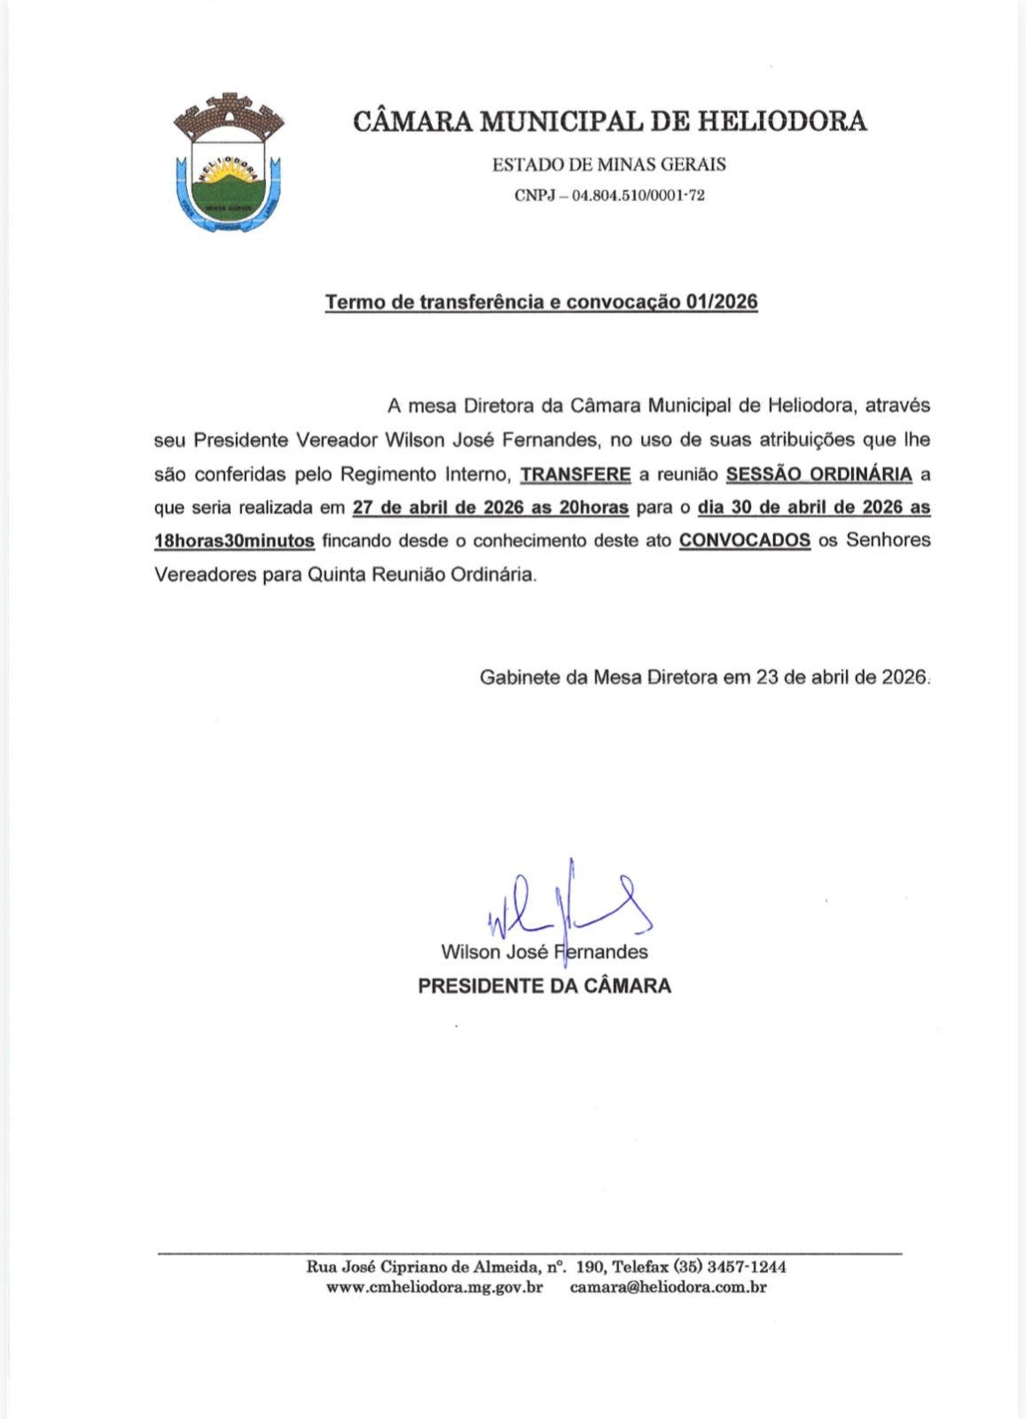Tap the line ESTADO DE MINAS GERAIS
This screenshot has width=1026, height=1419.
point(609,164)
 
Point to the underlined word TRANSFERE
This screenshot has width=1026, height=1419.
point(576,474)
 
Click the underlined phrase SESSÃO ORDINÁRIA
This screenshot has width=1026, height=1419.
point(818,474)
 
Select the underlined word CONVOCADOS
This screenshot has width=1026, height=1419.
point(745,540)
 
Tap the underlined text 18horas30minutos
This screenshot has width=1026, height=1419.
point(234,540)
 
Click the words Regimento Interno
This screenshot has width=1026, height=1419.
point(425,474)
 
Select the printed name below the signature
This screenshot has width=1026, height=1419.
point(544,953)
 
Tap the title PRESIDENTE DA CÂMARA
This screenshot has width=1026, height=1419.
point(544,985)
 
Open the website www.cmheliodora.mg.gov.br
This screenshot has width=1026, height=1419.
point(435,1287)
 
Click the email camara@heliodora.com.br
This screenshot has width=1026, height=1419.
point(668,1287)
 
